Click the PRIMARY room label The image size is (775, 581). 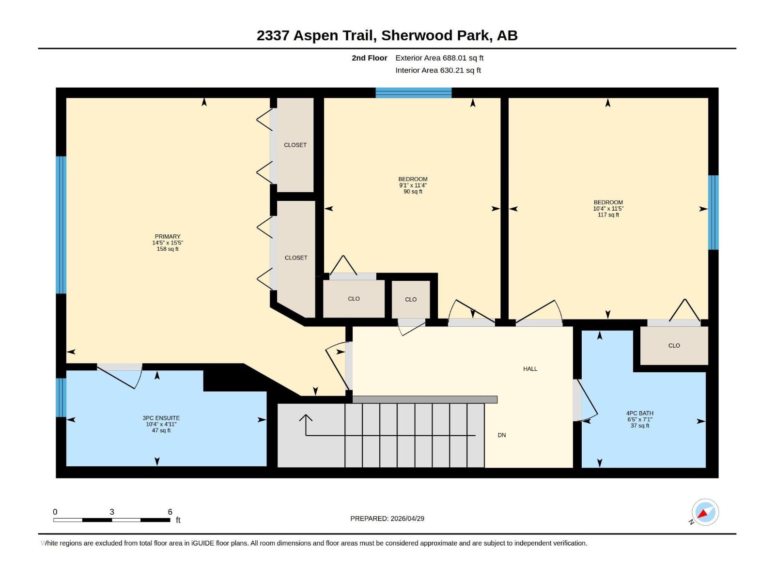pos(168,237)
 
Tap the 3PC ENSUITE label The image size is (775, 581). pos(161,418)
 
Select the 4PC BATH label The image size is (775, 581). pos(639,413)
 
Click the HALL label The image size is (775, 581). pos(530,369)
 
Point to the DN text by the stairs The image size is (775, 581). pos(501,435)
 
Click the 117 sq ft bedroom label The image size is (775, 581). pos(608,209)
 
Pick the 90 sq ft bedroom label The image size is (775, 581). pos(413,185)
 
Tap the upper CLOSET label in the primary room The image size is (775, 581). pos(295,145)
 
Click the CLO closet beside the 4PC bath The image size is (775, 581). pos(674,346)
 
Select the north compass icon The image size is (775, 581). pos(705,512)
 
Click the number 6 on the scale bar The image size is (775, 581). pos(170,512)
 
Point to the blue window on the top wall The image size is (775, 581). pos(413,92)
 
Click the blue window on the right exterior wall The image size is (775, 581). pos(713,212)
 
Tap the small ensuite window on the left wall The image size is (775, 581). pos(61,398)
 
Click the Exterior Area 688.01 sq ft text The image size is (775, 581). pos(439,58)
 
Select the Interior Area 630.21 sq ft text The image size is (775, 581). pos(438,70)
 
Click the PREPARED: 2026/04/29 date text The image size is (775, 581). pos(387,519)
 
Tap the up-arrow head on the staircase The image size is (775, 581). pos(306,417)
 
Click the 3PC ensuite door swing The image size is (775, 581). pos(121,378)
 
